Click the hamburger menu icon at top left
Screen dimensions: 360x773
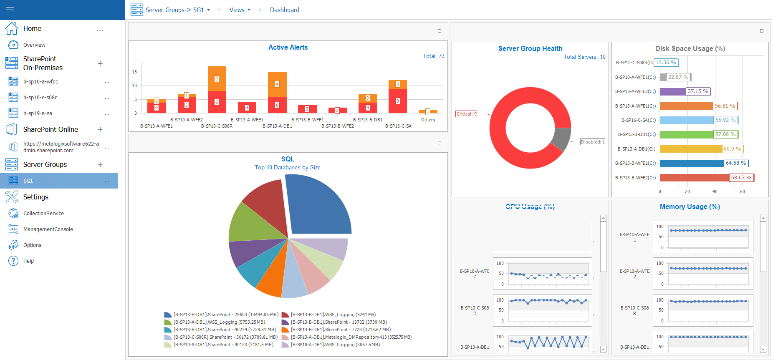click(x=10, y=10)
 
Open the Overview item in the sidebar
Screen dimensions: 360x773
click(x=34, y=45)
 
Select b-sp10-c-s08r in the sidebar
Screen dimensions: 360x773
click(x=40, y=98)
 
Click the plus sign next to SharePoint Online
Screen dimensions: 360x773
click(x=100, y=130)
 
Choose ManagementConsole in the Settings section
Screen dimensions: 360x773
click(x=48, y=229)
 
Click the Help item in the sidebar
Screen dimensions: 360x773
click(x=28, y=261)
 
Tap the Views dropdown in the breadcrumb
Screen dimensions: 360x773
click(x=240, y=10)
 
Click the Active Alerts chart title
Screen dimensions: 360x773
click(x=288, y=48)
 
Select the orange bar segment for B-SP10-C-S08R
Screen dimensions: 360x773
click(x=217, y=78)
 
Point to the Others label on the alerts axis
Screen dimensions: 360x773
click(x=428, y=120)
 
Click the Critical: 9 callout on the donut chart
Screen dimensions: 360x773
click(x=466, y=114)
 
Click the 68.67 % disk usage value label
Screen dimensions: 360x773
click(x=741, y=178)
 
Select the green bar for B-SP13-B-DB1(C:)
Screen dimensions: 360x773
click(x=686, y=134)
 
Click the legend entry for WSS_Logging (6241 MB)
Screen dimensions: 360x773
click(x=333, y=315)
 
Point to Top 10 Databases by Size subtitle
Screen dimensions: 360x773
click(x=288, y=168)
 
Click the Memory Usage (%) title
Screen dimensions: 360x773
click(x=690, y=207)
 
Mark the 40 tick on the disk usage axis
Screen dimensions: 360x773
click(x=715, y=191)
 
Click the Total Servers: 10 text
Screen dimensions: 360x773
click(x=584, y=57)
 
